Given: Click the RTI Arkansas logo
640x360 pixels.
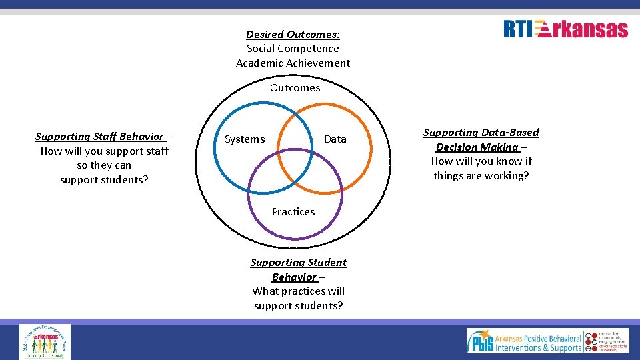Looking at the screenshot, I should [565, 29].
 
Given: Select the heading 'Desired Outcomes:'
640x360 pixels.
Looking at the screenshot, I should [293, 34].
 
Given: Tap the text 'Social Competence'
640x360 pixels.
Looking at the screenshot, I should [293, 49].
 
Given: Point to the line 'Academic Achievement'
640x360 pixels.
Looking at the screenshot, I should [293, 63].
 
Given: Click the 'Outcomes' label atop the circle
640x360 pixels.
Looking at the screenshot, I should [295, 88].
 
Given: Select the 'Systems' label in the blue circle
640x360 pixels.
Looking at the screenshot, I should [245, 139].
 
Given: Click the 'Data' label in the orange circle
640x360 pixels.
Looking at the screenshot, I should [335, 139].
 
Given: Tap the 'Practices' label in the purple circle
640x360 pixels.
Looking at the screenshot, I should [293, 212].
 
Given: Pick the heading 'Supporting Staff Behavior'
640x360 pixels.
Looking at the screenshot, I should [99, 137].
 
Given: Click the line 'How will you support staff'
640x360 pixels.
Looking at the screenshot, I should [105, 151].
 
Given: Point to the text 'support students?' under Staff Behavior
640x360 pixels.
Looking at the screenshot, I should [105, 180].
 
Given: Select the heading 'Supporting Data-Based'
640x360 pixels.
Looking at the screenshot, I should [481, 133].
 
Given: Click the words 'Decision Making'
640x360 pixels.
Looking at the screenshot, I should [477, 147].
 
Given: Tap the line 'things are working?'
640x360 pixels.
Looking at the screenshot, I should [481, 176].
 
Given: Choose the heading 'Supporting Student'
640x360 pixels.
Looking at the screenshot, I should [299, 263].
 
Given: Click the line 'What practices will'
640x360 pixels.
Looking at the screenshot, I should [299, 291].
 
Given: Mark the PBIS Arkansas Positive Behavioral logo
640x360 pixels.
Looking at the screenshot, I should [524, 341].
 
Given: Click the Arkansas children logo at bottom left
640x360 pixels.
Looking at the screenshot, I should [45, 341].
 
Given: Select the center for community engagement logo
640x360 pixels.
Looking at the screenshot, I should [607, 341].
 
